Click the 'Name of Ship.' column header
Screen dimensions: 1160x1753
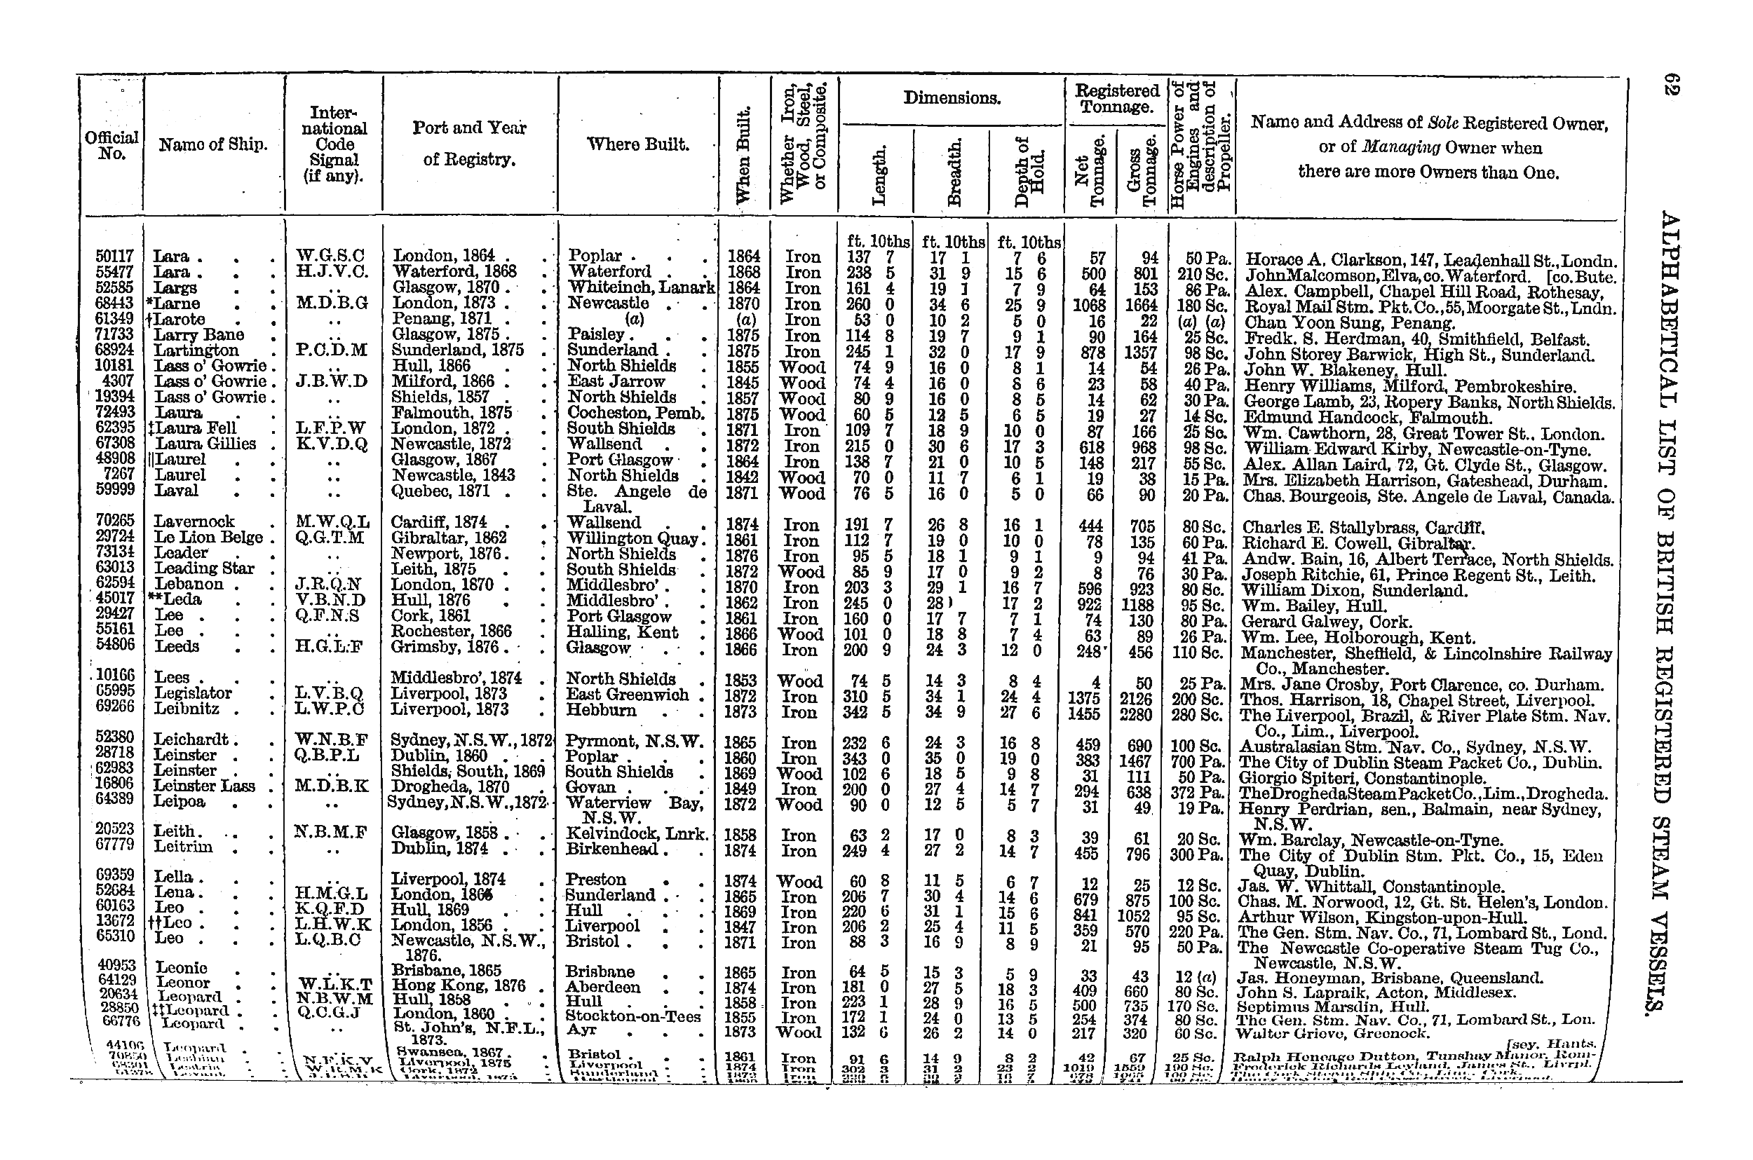coord(212,145)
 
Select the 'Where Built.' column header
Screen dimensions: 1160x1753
coord(638,144)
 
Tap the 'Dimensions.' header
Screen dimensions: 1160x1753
coord(952,97)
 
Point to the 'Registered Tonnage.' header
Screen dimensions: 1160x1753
coord(1116,98)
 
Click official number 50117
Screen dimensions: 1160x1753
coord(115,257)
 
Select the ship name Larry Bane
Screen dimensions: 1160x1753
coord(198,334)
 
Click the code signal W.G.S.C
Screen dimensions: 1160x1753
coord(330,257)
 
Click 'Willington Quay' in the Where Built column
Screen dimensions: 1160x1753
coord(632,538)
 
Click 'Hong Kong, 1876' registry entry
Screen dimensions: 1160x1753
coord(459,986)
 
